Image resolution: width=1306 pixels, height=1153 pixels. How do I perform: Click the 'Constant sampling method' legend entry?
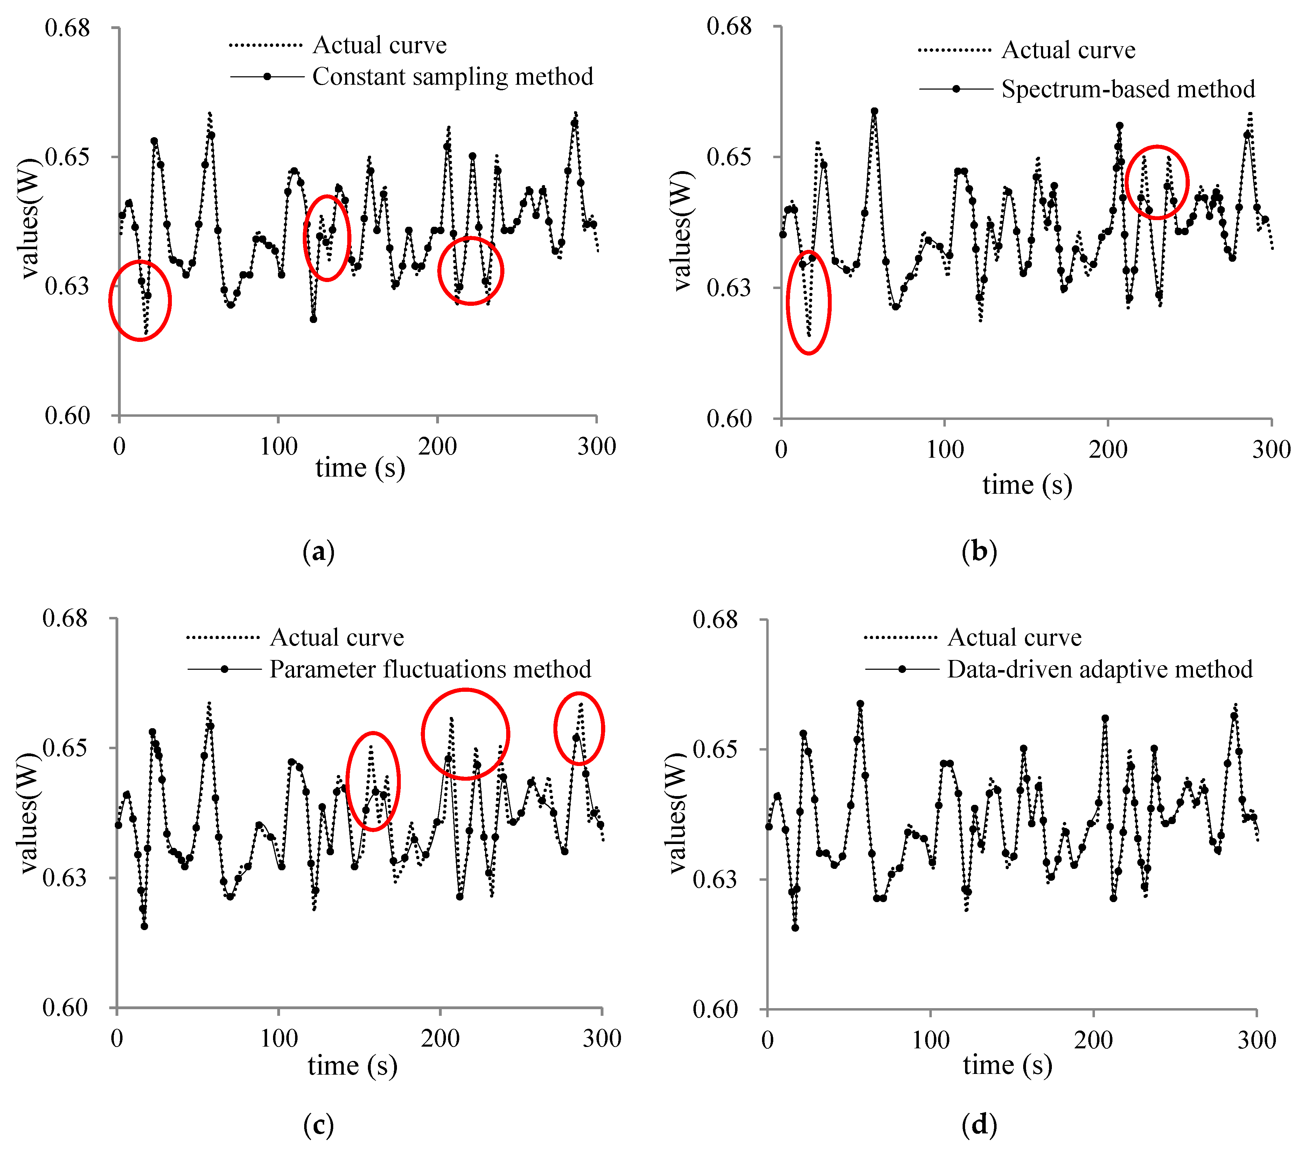coord(452,77)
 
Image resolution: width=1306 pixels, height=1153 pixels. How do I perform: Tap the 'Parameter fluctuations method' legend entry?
coord(429,669)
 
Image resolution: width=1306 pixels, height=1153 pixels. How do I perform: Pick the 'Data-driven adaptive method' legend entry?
coord(1099,669)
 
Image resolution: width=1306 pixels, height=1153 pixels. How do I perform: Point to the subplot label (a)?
coord(318,551)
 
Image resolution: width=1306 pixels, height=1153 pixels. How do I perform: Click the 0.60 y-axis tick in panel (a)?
coord(67,415)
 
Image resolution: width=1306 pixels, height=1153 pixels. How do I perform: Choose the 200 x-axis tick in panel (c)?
coord(440,1038)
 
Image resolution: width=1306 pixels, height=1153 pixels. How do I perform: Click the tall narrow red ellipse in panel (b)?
coord(808,302)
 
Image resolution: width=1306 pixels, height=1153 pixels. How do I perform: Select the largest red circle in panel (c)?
coord(465,734)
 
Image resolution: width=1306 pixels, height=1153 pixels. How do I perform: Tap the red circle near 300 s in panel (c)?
coord(578,729)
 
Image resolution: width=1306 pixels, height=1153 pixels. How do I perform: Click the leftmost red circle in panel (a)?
coord(140,300)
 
